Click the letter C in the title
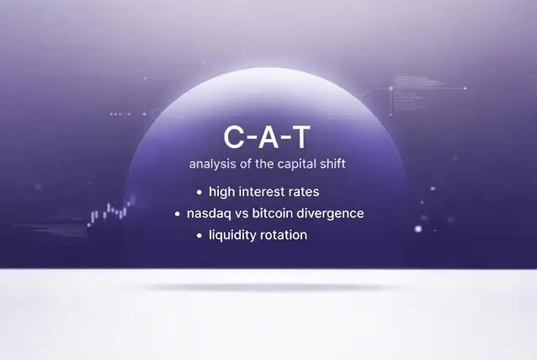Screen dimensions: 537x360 234,137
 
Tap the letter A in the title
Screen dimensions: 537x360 268,137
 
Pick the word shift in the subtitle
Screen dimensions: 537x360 332,163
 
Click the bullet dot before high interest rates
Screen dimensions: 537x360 199,193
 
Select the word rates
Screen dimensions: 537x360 304,192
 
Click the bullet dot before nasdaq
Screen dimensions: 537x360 177,214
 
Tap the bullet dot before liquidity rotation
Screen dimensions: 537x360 199,236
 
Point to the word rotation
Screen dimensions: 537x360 284,236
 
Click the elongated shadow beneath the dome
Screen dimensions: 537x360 274,288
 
